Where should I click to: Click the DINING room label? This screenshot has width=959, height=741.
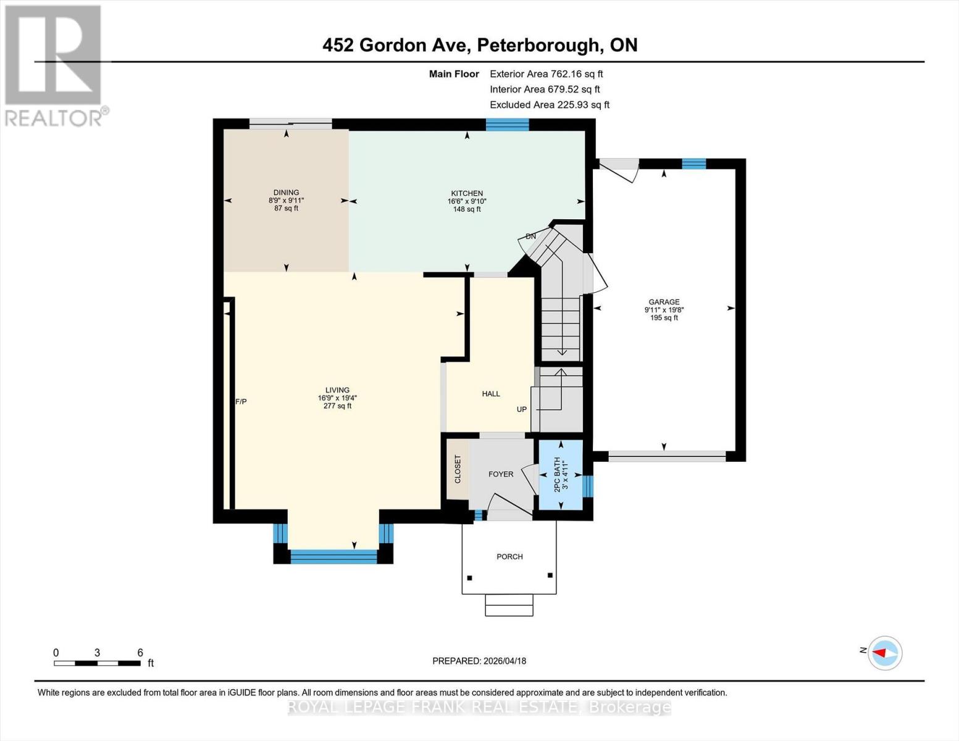286,193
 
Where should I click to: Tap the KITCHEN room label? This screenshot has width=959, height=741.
467,193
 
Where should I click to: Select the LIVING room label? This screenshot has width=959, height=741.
337,390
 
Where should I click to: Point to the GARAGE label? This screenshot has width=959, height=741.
664,302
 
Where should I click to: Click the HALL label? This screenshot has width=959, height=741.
491,394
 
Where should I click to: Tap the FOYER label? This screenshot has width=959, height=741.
500,474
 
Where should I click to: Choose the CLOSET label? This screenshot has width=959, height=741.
458,469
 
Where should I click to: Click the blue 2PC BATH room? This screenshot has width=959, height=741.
560,474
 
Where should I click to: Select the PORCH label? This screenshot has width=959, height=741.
509,556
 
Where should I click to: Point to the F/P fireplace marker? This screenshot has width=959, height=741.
241,402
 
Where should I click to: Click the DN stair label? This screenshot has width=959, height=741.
530,237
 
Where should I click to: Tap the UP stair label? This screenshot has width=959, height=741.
522,409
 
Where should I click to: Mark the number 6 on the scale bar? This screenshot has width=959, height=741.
140,653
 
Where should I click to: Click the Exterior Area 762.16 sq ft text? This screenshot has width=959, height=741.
546,73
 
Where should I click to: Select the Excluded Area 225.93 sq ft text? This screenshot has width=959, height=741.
549,105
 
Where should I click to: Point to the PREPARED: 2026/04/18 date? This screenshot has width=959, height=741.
479,661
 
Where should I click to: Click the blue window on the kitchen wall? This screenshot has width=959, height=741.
507,124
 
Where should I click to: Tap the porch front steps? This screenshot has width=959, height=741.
509,605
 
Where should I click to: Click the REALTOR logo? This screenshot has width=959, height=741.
53,65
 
